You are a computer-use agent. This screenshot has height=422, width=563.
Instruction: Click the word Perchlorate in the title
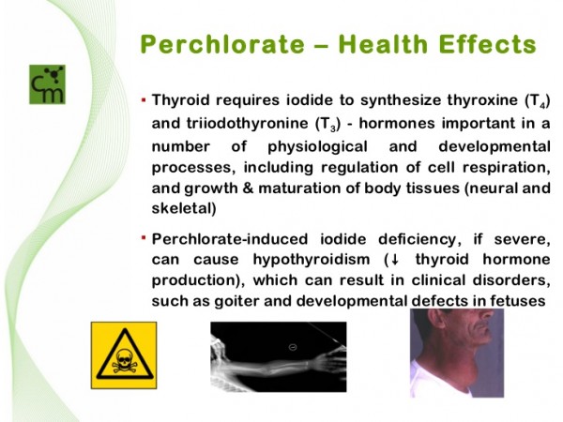[x=222, y=44]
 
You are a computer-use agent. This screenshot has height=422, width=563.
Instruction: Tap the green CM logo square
[x=47, y=84]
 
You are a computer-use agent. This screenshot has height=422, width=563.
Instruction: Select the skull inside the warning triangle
[x=124, y=360]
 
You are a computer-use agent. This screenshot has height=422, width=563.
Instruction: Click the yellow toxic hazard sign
[x=124, y=355]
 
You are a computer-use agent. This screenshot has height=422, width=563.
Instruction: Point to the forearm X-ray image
[x=279, y=356]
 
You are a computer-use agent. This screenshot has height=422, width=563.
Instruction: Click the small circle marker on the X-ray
[x=293, y=347]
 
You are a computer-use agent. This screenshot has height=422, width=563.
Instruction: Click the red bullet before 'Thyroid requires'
[x=144, y=99]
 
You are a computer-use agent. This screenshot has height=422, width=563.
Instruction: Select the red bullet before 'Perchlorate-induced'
[x=144, y=237]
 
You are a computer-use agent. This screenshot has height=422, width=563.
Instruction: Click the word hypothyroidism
[x=312, y=260]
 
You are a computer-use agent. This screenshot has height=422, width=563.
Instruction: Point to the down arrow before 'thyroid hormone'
[x=395, y=260]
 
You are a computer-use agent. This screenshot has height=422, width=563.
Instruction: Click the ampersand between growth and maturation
[x=248, y=188]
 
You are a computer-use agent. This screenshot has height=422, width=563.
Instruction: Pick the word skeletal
[x=184, y=208]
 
